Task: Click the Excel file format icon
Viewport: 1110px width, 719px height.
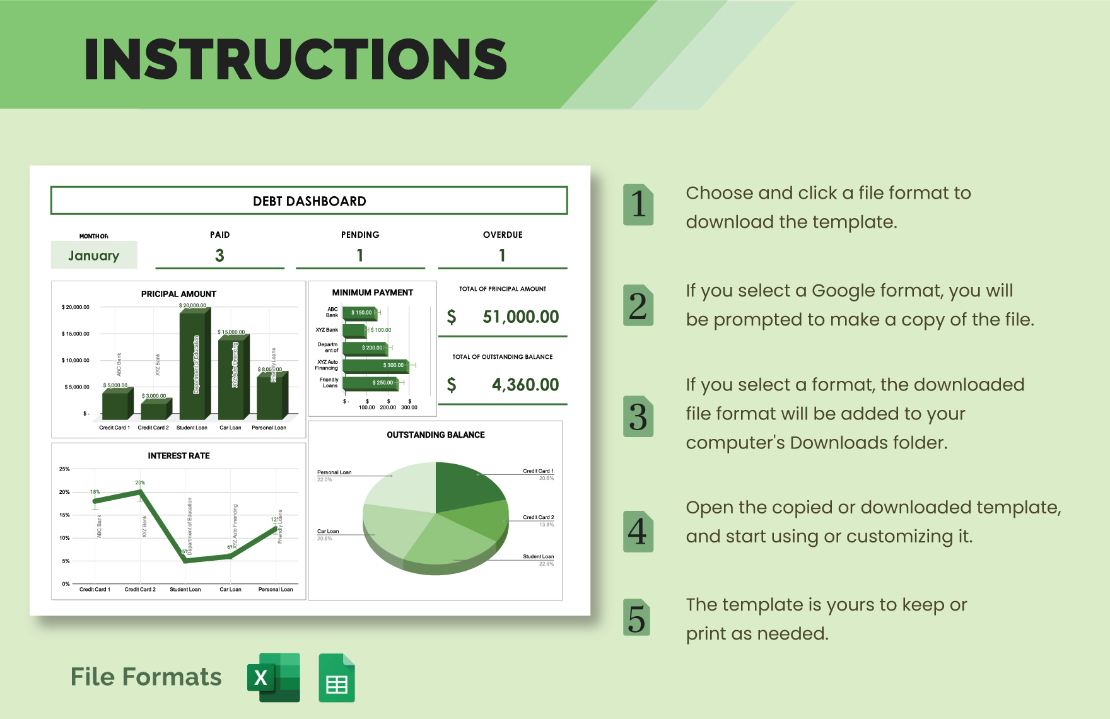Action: click(273, 678)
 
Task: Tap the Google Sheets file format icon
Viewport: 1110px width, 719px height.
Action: click(337, 679)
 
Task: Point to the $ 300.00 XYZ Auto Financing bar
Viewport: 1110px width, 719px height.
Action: click(375, 365)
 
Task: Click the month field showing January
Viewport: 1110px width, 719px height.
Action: click(94, 255)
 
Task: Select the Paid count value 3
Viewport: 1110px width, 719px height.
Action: click(219, 255)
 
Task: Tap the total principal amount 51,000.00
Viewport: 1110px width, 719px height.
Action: click(520, 317)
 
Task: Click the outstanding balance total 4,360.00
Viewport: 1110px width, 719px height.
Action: click(525, 385)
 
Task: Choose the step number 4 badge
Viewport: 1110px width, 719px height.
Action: click(638, 532)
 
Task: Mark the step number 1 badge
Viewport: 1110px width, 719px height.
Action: click(638, 204)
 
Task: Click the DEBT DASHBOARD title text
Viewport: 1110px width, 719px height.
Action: click(309, 201)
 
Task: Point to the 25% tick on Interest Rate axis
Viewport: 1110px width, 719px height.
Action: click(64, 469)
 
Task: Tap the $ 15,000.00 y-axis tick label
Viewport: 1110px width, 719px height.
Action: click(76, 334)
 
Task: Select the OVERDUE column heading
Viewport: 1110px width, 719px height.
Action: click(503, 235)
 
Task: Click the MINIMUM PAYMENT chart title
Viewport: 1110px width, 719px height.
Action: click(372, 293)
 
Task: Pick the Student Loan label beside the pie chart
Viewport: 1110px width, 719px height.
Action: click(538, 557)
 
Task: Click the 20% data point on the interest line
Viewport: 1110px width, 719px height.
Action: click(140, 491)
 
